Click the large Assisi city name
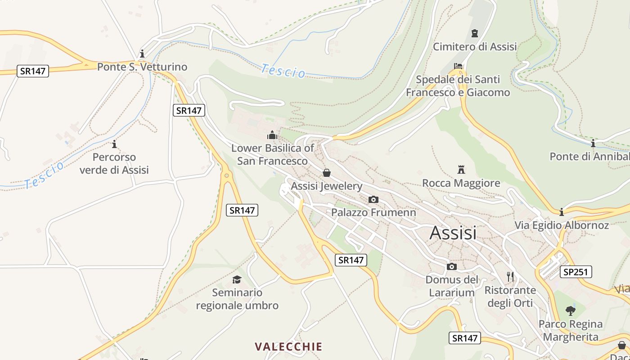click(453, 233)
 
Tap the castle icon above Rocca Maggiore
click(461, 170)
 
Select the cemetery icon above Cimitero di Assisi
click(475, 33)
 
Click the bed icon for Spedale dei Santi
click(458, 66)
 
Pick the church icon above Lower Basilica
click(272, 135)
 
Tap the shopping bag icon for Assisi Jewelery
click(327, 173)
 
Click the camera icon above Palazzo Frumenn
click(373, 199)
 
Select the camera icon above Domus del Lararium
click(452, 267)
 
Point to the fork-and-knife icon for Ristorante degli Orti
click(510, 276)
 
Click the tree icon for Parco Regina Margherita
click(571, 310)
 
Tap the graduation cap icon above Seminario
click(237, 279)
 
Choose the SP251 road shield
click(576, 272)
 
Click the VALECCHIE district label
click(288, 346)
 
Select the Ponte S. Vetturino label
click(142, 67)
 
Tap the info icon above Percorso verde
click(114, 144)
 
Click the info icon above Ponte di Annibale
click(593, 144)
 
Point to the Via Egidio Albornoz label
click(562, 225)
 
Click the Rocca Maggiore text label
click(461, 183)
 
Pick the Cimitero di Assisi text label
click(475, 46)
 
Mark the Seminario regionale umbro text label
click(237, 299)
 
